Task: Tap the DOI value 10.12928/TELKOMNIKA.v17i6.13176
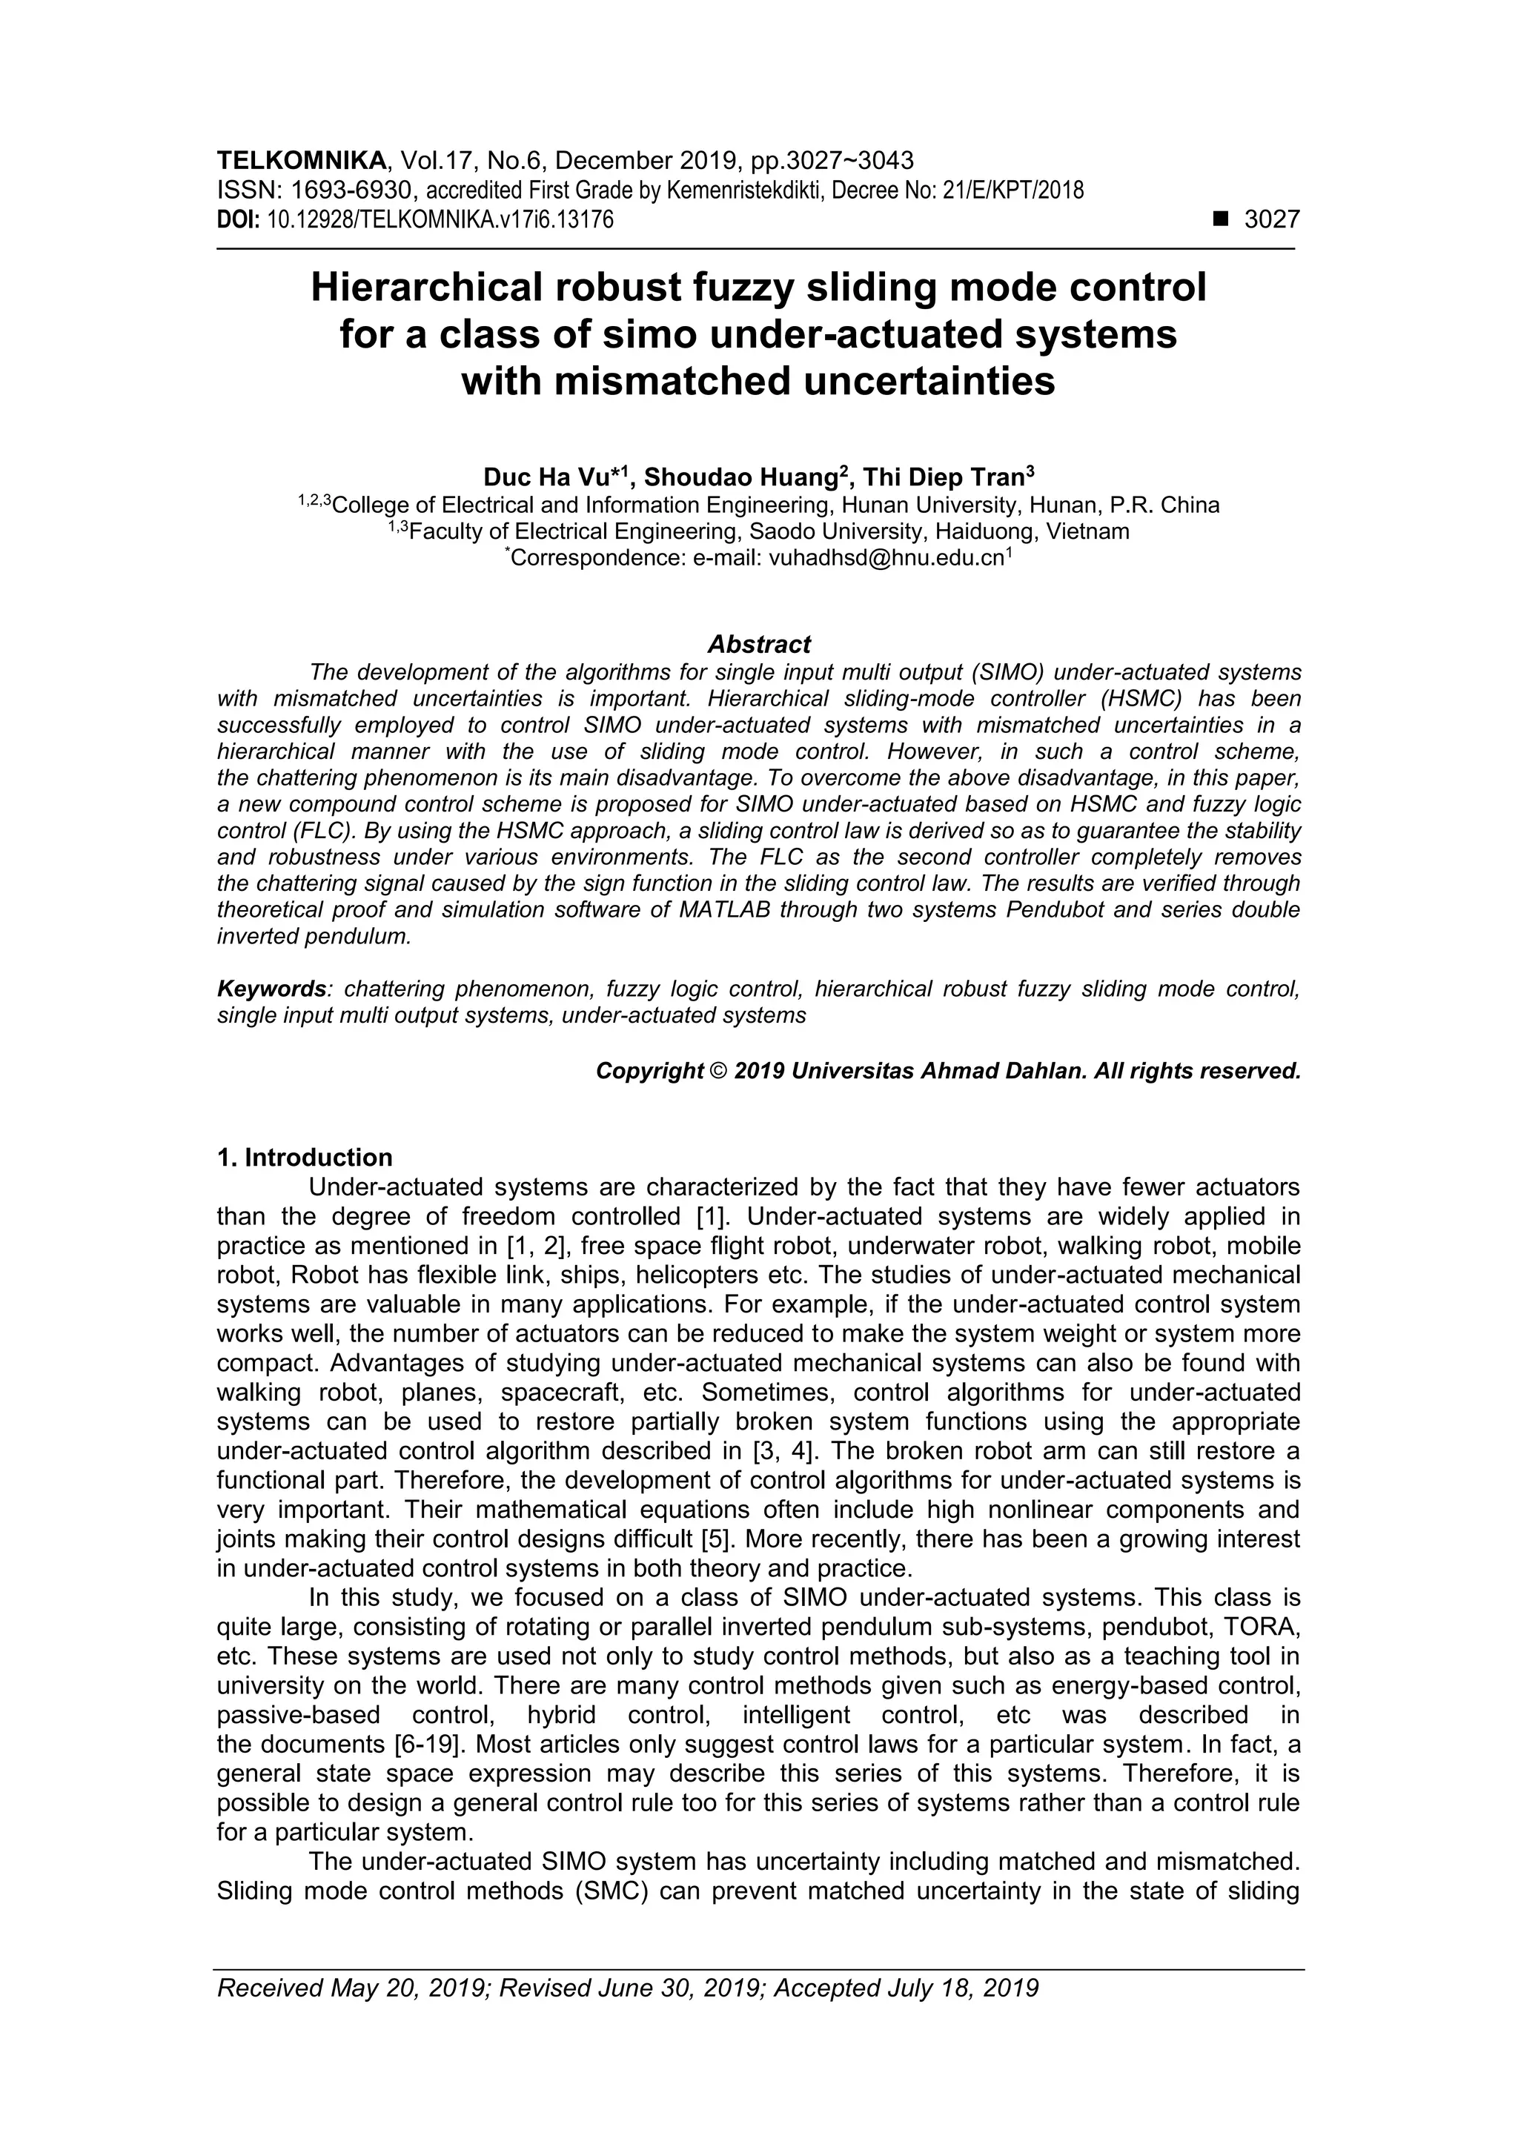440,221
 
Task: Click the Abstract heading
758,644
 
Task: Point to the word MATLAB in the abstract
723,910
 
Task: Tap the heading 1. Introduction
304,1158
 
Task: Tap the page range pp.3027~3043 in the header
832,162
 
